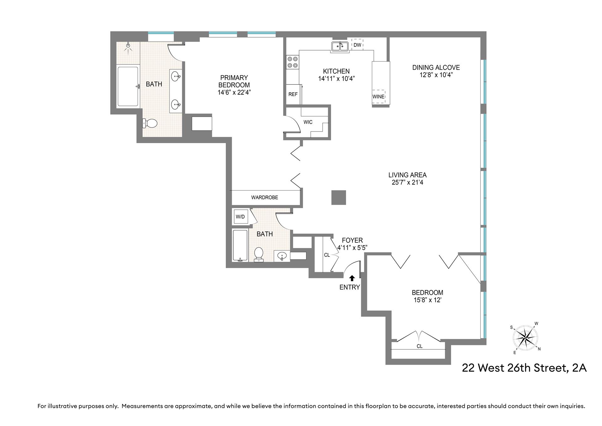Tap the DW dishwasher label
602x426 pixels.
click(357, 45)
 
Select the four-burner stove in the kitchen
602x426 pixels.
click(292, 62)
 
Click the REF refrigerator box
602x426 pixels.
click(293, 94)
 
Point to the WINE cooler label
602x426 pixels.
click(378, 96)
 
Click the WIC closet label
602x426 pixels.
click(308, 122)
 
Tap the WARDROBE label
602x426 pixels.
click(265, 197)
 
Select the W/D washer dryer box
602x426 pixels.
click(240, 217)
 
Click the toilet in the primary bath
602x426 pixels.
click(150, 123)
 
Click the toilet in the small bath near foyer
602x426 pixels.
click(259, 254)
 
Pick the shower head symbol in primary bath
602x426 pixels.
click(128, 47)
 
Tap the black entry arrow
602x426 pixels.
click(352, 278)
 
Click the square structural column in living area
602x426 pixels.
click(339, 197)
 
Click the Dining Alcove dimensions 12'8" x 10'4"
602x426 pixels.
click(436, 75)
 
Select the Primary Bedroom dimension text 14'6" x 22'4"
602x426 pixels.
click(234, 93)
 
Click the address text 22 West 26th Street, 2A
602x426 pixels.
click(524, 368)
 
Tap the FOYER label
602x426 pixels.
click(352, 240)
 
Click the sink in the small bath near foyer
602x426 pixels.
click(282, 256)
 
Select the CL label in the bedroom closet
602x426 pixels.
click(420, 346)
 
